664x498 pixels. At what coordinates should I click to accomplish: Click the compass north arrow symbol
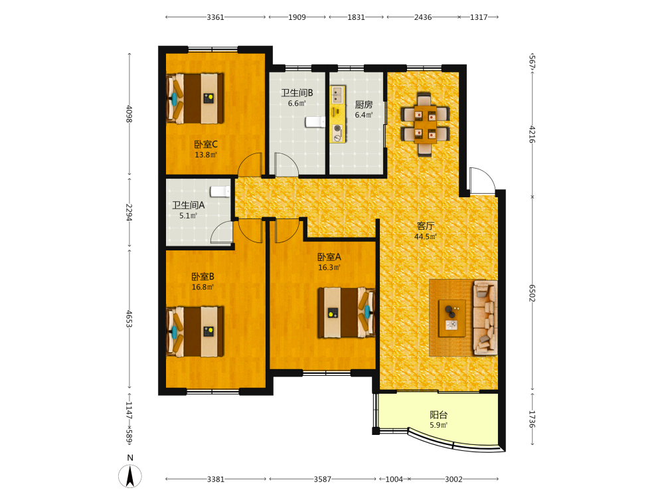tap(130, 476)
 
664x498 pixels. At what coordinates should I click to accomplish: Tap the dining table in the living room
tap(425, 124)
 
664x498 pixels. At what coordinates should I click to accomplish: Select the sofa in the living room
tap(485, 317)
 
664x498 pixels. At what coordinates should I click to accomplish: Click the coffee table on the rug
tap(452, 318)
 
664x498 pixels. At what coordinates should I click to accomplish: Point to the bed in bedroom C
tap(195, 99)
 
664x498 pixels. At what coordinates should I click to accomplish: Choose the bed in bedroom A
tap(347, 313)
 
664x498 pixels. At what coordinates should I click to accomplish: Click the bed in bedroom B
tap(195, 331)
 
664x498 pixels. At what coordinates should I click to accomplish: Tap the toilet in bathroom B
tap(315, 122)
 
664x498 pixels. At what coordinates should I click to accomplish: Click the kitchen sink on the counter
tap(337, 96)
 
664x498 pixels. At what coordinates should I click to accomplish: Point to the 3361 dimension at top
tap(215, 17)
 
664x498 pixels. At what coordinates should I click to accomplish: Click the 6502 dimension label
tap(533, 293)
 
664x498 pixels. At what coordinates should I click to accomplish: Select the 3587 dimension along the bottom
tap(322, 479)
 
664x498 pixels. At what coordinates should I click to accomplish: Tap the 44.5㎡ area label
tap(425, 237)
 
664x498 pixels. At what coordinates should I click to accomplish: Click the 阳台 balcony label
tap(439, 415)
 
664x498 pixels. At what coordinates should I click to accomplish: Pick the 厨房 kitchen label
tap(364, 105)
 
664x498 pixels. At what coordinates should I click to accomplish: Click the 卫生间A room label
tap(189, 205)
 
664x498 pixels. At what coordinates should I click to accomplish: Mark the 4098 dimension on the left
tap(129, 114)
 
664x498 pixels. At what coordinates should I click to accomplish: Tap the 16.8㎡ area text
tap(203, 287)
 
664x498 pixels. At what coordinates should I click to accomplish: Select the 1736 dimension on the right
tap(533, 419)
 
